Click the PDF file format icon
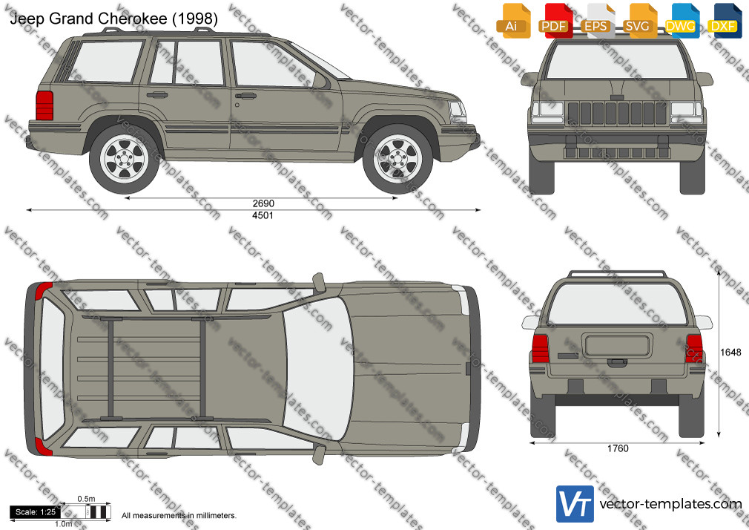coord(554,20)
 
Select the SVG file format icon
coord(639,20)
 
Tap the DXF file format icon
coord(723,20)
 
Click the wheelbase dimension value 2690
coord(263,203)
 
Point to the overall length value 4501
coord(263,215)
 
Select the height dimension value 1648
coord(730,353)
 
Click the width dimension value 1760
coord(618,448)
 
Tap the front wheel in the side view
coord(397,159)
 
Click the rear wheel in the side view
coord(124,159)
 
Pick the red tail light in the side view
coord(44,105)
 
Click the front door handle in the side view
coord(245,96)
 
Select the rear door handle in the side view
coord(157,95)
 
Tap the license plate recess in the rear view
coord(618,346)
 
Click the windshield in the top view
coord(318,368)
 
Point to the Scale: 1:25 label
coord(36,512)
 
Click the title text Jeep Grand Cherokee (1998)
coord(113,18)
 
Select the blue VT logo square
coord(575,504)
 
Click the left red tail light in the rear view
coord(541,349)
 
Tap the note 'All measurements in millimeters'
coord(179,516)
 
